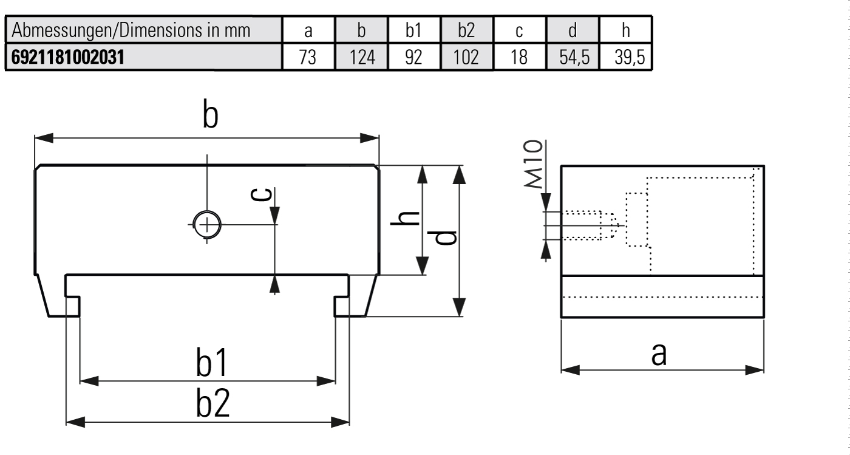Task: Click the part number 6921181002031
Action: [67, 57]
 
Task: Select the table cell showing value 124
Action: [362, 57]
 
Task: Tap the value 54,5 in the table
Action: [574, 57]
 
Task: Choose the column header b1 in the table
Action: [413, 30]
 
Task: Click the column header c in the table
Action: [519, 31]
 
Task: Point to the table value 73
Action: [307, 57]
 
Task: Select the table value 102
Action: [466, 57]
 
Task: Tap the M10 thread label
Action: [533, 164]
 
